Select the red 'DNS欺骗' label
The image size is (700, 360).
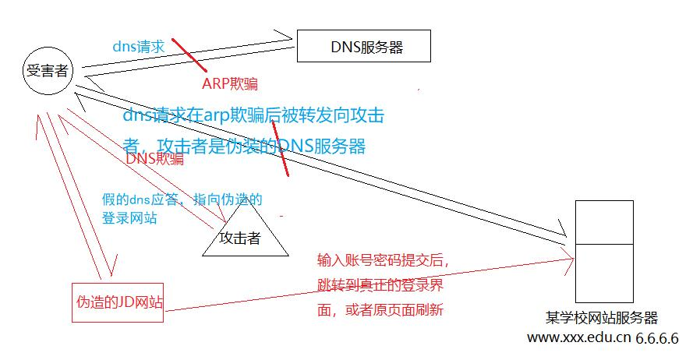pyautogui.click(x=155, y=158)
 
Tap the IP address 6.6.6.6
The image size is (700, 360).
pyautogui.click(x=658, y=338)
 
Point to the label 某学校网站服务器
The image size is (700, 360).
pyautogui.click(x=603, y=318)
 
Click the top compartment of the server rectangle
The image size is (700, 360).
pyautogui.click(x=604, y=222)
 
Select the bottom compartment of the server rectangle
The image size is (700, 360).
pyautogui.click(x=604, y=273)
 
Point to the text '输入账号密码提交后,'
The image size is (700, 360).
pyautogui.click(x=384, y=259)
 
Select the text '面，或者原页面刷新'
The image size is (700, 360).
pyautogui.click(x=380, y=309)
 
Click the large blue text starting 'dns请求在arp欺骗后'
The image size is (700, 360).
pyautogui.click(x=253, y=116)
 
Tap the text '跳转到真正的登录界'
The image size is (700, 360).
pyautogui.click(x=380, y=284)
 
